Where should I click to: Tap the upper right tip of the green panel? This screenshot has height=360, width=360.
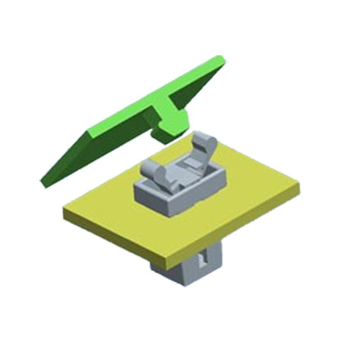click(x=220, y=58)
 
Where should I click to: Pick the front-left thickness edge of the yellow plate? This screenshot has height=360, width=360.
click(x=112, y=234)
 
